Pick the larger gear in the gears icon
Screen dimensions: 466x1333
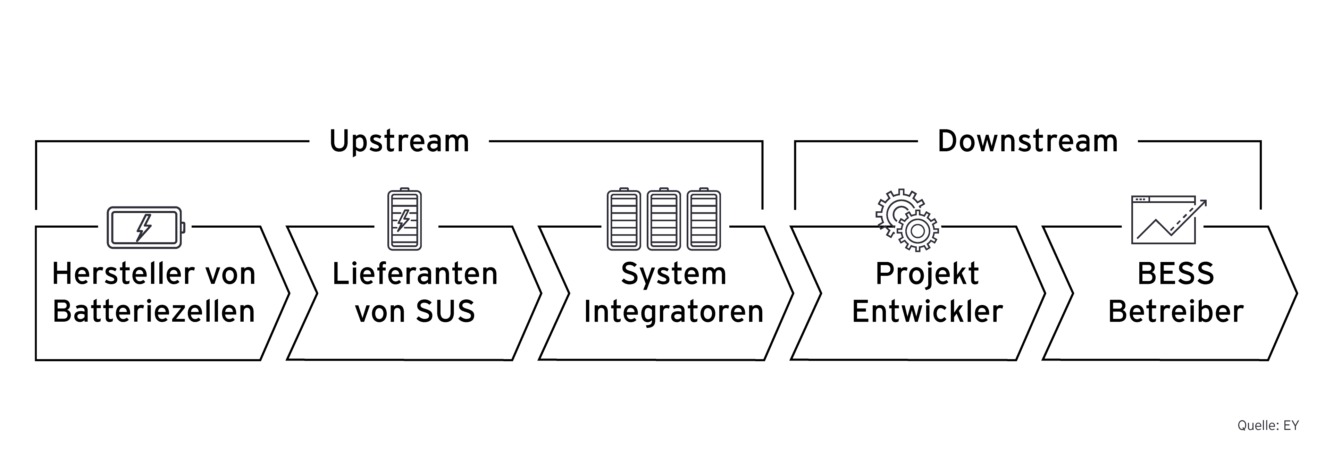(917, 231)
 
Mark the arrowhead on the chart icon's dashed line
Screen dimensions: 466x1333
(1203, 203)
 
